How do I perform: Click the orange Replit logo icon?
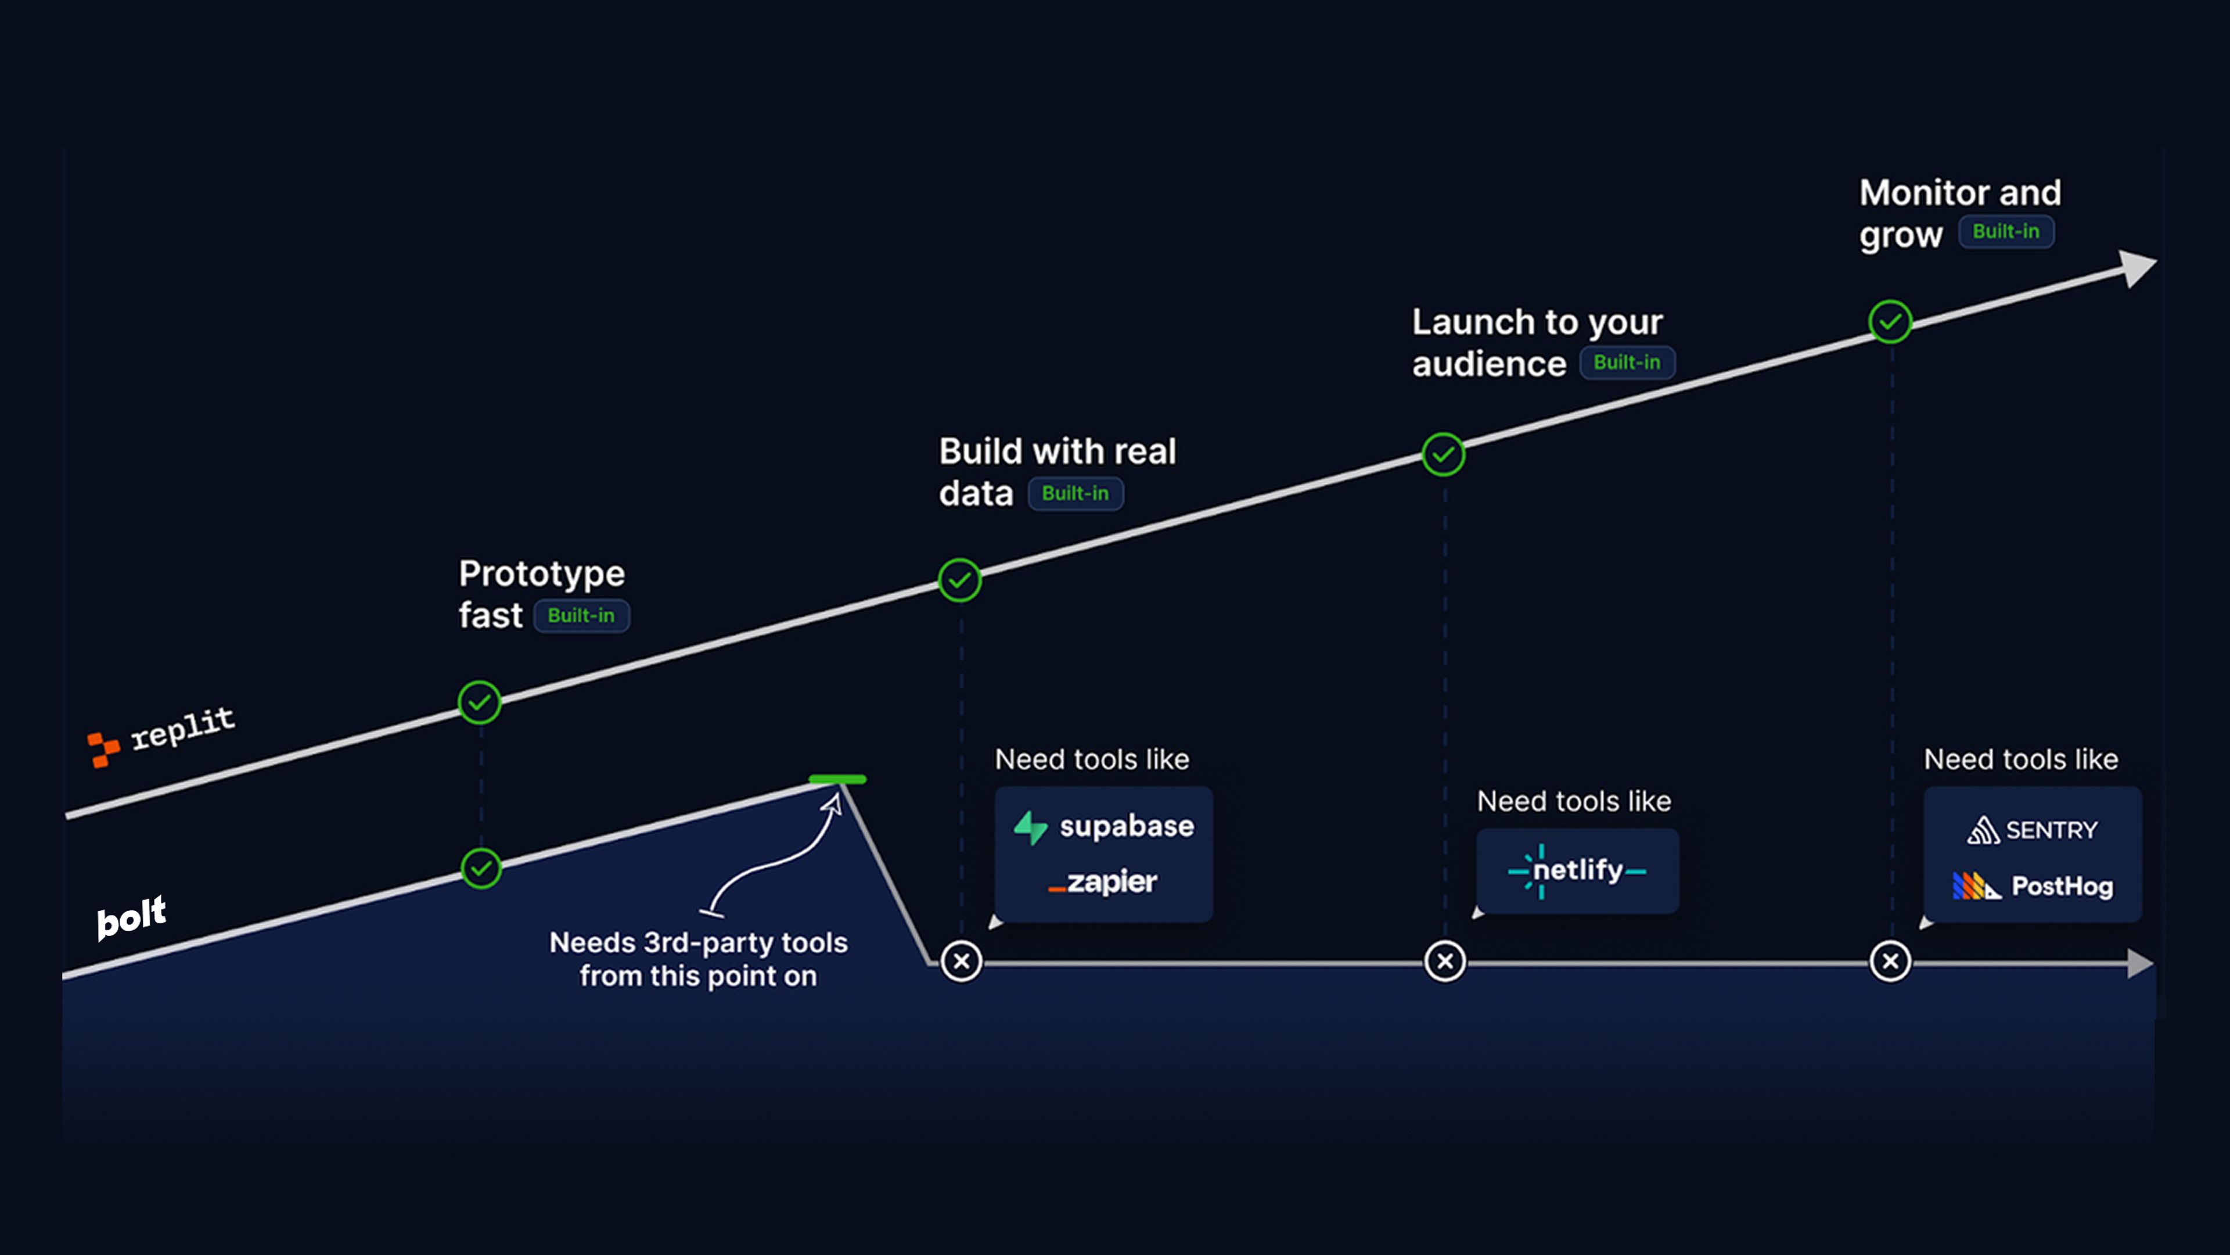coord(103,748)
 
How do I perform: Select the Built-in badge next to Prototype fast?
coord(581,616)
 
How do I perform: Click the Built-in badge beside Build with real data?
coord(1075,494)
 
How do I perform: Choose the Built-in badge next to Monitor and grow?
coord(2006,231)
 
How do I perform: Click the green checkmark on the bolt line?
coord(481,869)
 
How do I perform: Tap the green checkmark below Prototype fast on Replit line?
coord(480,702)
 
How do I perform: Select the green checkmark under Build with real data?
coord(959,580)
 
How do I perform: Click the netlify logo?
coord(1577,870)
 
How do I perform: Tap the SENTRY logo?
coord(2032,831)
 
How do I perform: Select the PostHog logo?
coord(2032,886)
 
